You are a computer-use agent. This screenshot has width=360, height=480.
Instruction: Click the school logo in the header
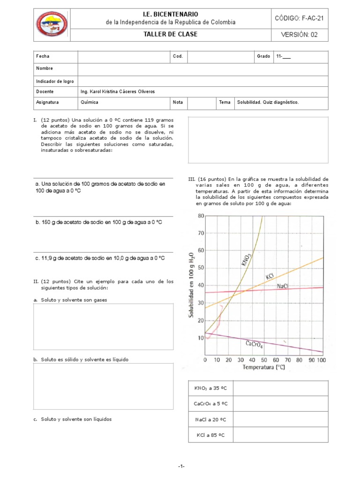pyautogui.click(x=52, y=25)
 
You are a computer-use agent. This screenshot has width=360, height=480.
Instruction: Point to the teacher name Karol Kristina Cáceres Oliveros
pyautogui.click(x=118, y=91)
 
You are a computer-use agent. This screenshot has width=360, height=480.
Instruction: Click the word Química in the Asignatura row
pyautogui.click(x=90, y=102)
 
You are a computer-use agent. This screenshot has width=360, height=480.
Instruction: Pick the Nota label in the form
pyautogui.click(x=178, y=102)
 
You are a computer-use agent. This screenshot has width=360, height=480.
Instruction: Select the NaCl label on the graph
pyautogui.click(x=283, y=286)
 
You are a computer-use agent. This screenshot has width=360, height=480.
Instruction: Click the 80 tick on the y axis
pyautogui.click(x=201, y=216)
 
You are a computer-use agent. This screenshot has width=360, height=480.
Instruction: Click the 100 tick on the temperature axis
pyautogui.click(x=321, y=360)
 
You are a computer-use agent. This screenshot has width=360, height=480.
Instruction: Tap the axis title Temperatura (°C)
pyautogui.click(x=263, y=367)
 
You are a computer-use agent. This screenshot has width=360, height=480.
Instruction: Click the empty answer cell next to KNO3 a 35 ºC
pyautogui.click(x=280, y=389)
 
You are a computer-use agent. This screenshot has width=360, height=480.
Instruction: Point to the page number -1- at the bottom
pyautogui.click(x=181, y=466)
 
